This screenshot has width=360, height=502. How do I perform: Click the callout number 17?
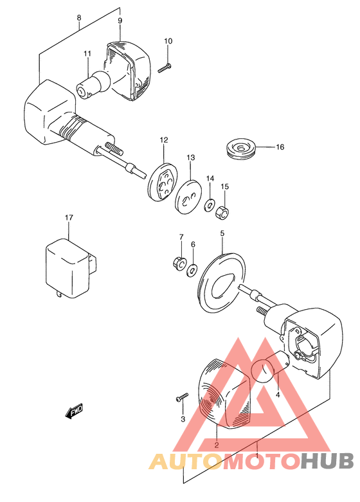pyautogui.click(x=69, y=218)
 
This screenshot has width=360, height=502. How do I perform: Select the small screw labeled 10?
pyautogui.click(x=165, y=68)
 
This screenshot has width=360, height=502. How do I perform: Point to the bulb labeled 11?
pyautogui.click(x=93, y=84)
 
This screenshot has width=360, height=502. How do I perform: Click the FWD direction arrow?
pyautogui.click(x=75, y=411)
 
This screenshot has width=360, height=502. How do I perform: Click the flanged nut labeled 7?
pyautogui.click(x=180, y=263)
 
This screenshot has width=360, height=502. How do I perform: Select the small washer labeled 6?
pyautogui.click(x=192, y=271)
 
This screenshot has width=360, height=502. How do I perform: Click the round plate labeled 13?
pyautogui.click(x=189, y=197)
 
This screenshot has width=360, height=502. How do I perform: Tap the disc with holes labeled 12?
pyautogui.click(x=163, y=182)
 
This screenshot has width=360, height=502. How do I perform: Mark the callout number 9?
pyautogui.click(x=120, y=21)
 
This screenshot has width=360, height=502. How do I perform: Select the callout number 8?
pyautogui.click(x=79, y=17)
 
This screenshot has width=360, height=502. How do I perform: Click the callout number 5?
pyautogui.click(x=222, y=233)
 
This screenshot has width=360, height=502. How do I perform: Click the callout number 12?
pyautogui.click(x=164, y=140)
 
